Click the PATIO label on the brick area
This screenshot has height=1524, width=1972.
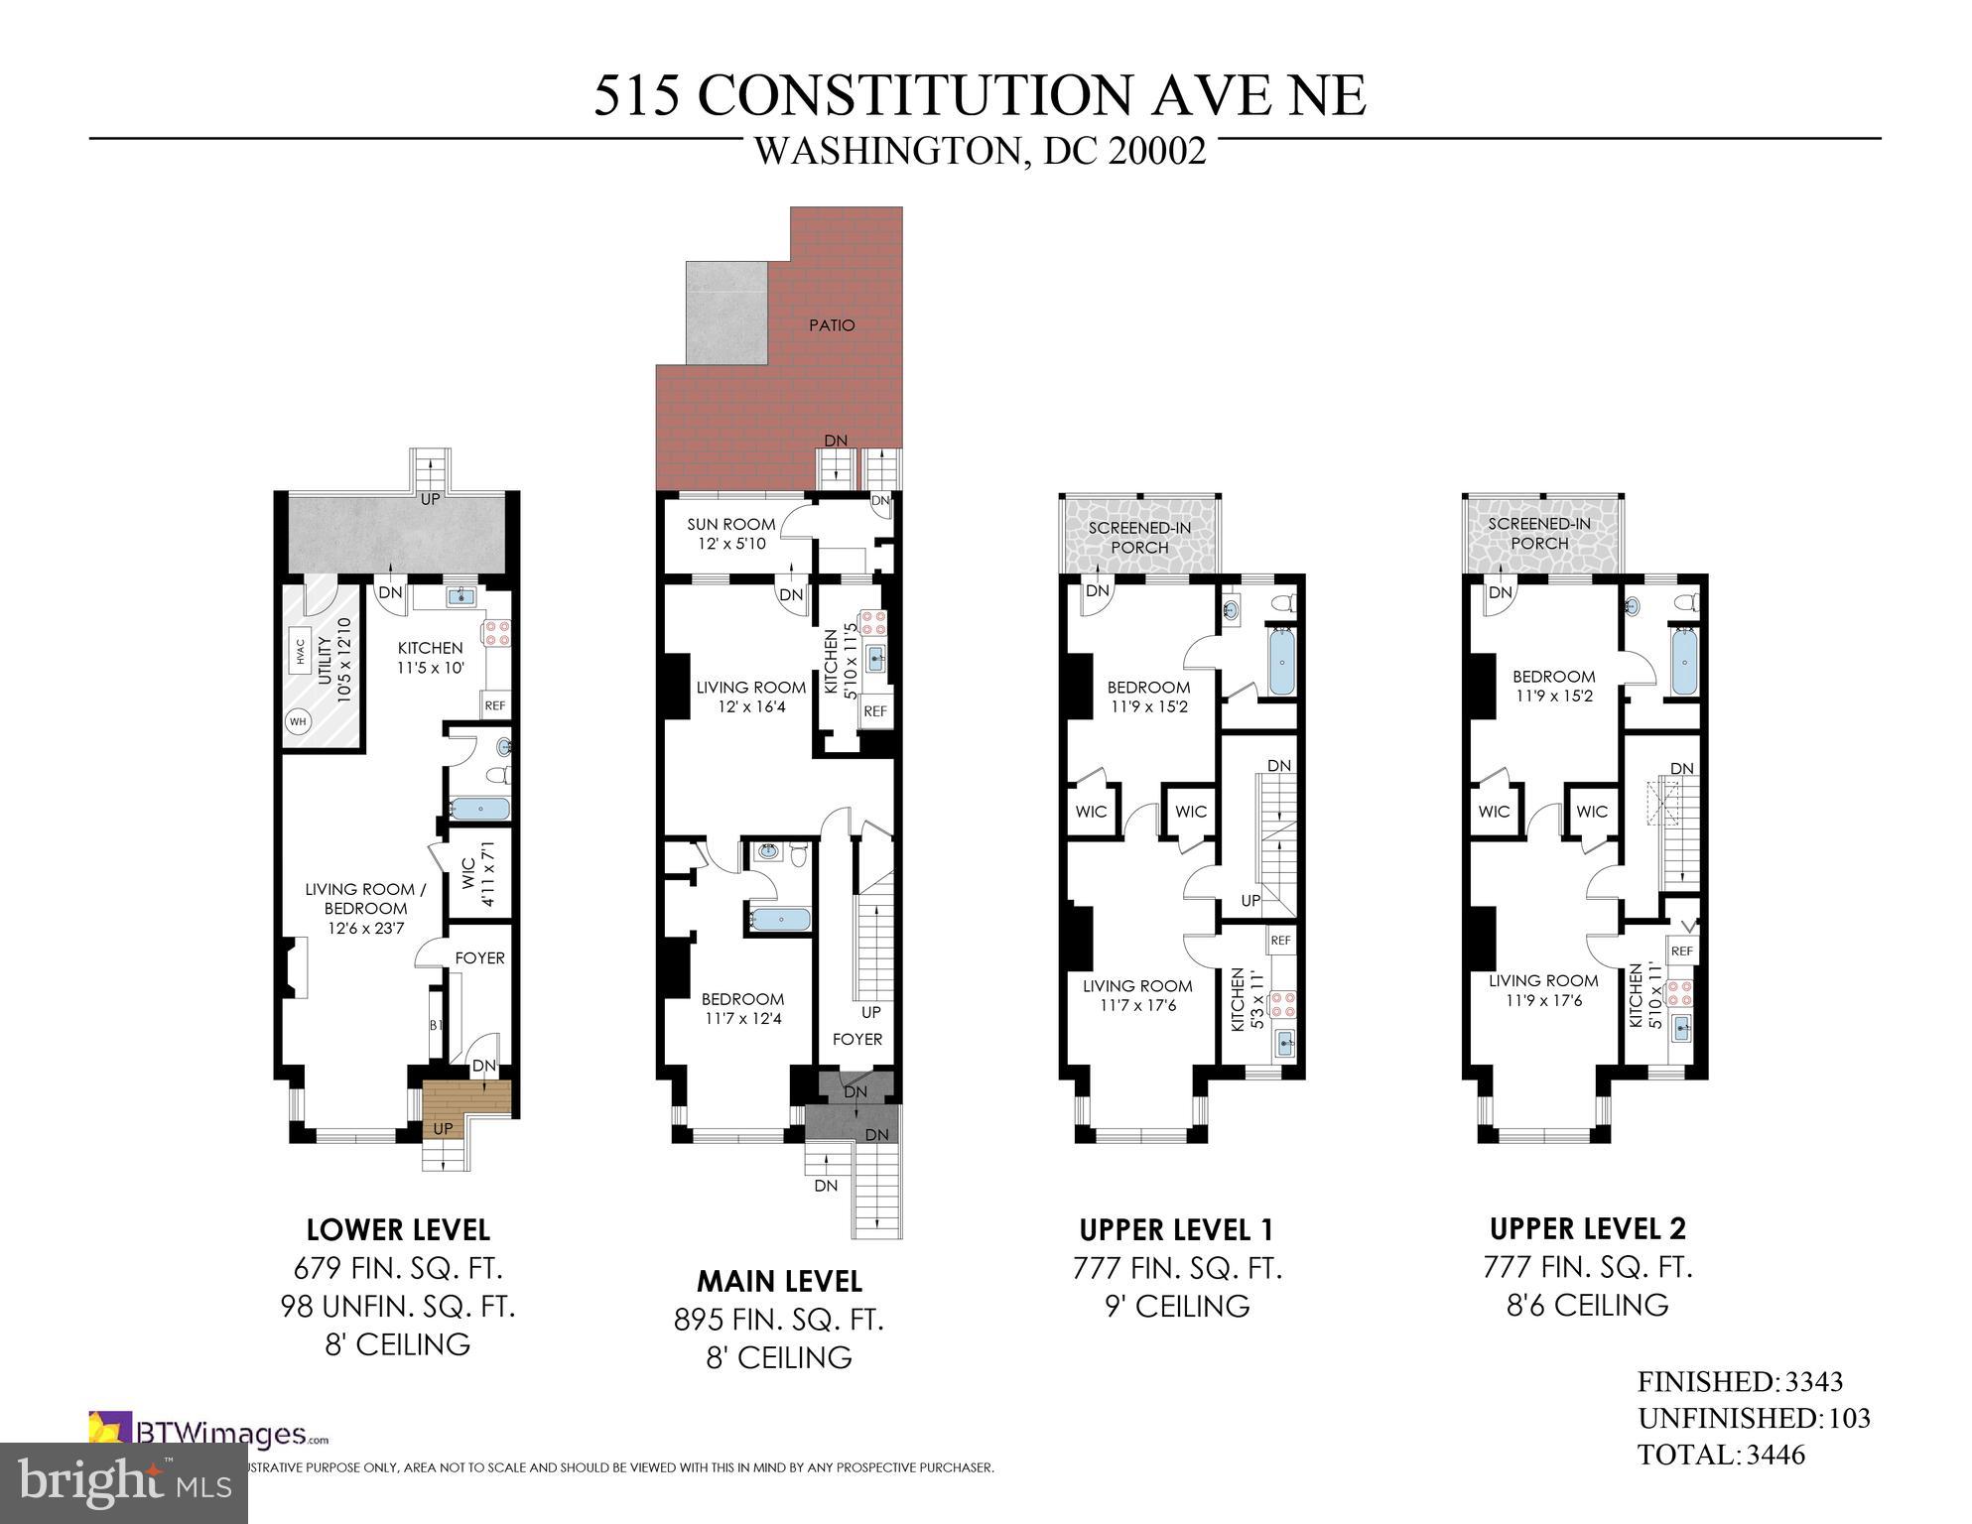point(831,325)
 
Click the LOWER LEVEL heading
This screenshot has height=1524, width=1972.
point(398,1230)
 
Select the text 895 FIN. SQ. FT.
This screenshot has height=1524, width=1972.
point(778,1320)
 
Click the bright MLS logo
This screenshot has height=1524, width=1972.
point(124,1482)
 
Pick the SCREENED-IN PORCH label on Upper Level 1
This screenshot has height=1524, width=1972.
point(1139,537)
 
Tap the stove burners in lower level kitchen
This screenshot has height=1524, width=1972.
point(496,633)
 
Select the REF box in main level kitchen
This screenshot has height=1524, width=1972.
point(874,711)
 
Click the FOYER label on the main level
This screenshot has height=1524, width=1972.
point(856,1039)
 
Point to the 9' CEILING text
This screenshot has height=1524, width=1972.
point(1177,1307)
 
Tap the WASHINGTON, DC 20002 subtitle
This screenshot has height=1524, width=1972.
point(980,152)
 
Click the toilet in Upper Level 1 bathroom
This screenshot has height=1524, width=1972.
point(1285,602)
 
